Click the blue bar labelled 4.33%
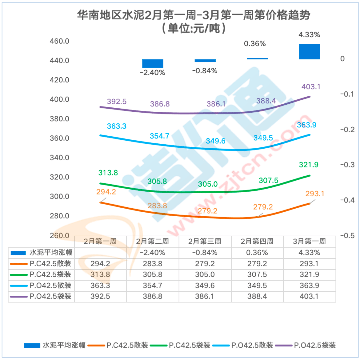(x=309, y=51)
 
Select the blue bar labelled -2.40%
(x=153, y=63)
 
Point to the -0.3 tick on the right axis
(x=346, y=165)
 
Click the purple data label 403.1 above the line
(x=311, y=87)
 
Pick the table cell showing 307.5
(x=257, y=275)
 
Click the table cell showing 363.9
(x=309, y=286)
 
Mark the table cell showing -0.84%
(x=205, y=252)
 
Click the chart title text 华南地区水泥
(x=110, y=15)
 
